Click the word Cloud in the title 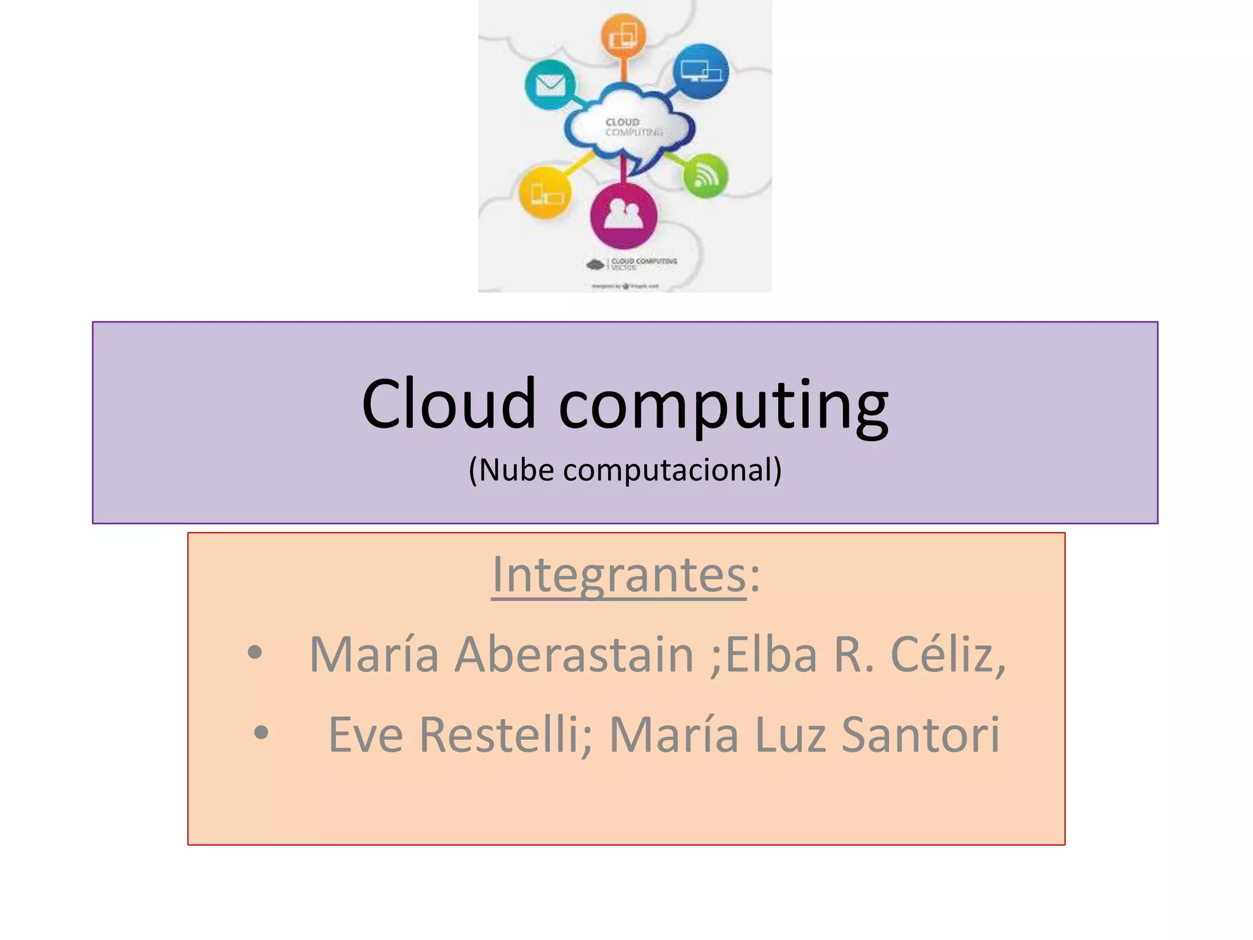pyautogui.click(x=448, y=404)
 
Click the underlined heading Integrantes pyautogui.click(x=619, y=575)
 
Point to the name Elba pyautogui.click(x=771, y=654)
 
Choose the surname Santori pyautogui.click(x=920, y=734)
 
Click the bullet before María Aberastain pyautogui.click(x=255, y=653)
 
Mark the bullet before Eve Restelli pyautogui.click(x=261, y=733)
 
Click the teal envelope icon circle pyautogui.click(x=550, y=84)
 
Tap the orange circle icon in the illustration pyautogui.click(x=623, y=36)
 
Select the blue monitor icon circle pyautogui.click(x=701, y=72)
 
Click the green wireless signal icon pyautogui.click(x=705, y=176)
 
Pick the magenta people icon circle pyautogui.click(x=623, y=215)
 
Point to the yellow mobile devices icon pyautogui.click(x=545, y=193)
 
